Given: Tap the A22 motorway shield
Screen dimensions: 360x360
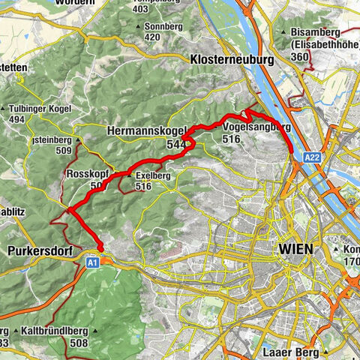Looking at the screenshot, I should point(313,157).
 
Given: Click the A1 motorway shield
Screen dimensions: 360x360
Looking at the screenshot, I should point(91,263).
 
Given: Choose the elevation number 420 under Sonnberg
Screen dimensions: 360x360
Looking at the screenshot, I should point(153,36).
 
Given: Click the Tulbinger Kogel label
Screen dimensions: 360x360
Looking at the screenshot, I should point(37,108).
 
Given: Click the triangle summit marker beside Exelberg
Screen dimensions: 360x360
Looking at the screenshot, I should point(130,176).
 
